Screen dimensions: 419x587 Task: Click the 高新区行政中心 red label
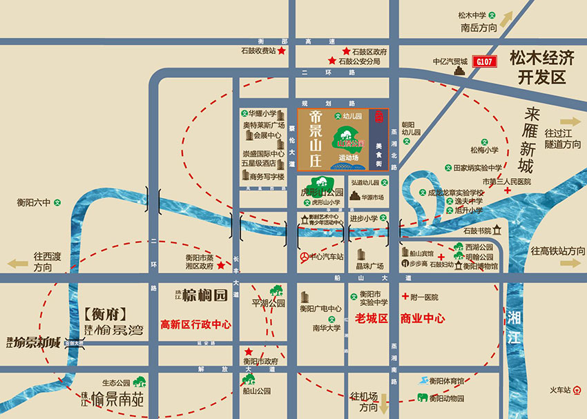tap(195, 324)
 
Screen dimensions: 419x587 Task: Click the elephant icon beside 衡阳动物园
tap(421, 398)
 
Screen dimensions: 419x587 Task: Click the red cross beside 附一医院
tap(403, 297)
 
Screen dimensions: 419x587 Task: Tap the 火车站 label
tap(559, 390)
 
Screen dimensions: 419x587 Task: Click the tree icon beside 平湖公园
tap(276, 291)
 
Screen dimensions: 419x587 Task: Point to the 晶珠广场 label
tap(369, 266)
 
